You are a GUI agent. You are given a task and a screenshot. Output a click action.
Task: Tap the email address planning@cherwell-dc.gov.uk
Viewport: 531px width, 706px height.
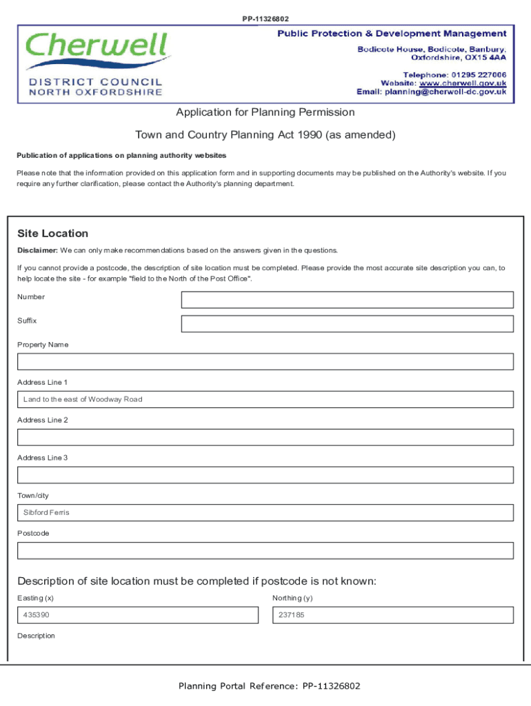[445, 92]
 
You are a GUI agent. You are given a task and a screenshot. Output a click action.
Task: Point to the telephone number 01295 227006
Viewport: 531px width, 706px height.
[479, 74]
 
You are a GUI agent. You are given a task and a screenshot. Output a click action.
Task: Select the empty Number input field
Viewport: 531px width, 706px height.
[347, 300]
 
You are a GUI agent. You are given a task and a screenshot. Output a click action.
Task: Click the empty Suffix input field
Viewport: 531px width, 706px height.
[347, 324]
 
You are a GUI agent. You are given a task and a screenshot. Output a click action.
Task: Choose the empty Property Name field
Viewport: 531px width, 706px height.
[265, 362]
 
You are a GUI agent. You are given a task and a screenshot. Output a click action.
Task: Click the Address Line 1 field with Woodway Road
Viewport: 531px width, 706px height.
[265, 400]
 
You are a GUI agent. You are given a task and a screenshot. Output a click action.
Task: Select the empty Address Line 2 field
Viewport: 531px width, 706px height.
[265, 437]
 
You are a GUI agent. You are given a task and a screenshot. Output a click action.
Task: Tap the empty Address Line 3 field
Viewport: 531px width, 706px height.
[265, 475]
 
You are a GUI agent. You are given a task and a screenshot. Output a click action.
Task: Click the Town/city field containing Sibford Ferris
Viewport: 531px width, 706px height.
[265, 513]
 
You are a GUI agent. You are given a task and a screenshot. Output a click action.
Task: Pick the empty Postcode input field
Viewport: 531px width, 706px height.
[265, 550]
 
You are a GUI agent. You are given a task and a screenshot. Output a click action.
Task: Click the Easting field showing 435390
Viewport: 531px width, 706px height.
[137, 615]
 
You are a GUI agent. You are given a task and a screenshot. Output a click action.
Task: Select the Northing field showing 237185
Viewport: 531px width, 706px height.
[393, 615]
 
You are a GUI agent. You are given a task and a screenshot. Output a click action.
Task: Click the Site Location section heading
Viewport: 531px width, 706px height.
[53, 234]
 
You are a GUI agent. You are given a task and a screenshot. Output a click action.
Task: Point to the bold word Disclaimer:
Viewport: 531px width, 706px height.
[37, 250]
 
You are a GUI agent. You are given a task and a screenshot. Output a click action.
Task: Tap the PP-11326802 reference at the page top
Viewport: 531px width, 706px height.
[265, 19]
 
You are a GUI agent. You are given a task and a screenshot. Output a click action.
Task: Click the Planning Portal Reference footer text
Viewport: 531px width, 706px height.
[269, 686]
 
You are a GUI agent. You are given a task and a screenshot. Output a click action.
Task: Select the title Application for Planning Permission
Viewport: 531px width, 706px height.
[265, 112]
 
